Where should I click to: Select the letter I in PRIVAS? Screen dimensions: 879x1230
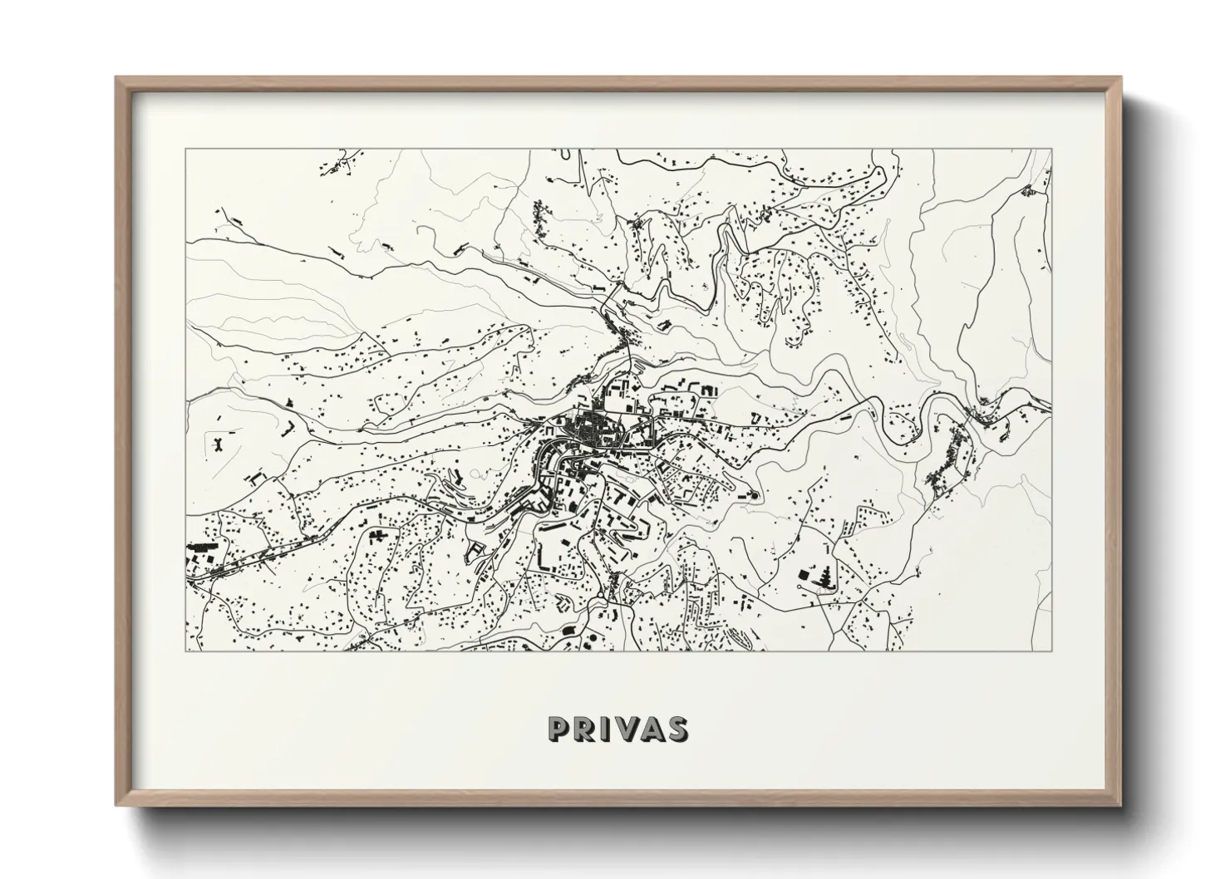pyautogui.click(x=605, y=729)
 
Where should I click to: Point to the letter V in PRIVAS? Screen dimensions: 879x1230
pyautogui.click(x=627, y=729)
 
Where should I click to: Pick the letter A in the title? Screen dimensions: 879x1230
pyautogui.click(x=652, y=729)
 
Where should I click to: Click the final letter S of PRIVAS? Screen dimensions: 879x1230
pyautogui.click(x=677, y=729)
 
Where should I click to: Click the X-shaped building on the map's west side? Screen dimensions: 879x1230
pyautogui.click(x=219, y=443)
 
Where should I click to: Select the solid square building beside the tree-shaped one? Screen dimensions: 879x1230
pyautogui.click(x=804, y=574)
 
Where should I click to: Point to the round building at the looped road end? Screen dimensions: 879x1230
pyautogui.click(x=755, y=496)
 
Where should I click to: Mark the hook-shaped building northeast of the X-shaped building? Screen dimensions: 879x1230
pyautogui.click(x=289, y=427)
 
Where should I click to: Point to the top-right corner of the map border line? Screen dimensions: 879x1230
pyautogui.click(x=1051, y=150)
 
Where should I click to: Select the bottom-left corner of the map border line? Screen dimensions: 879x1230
pyautogui.click(x=186, y=651)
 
